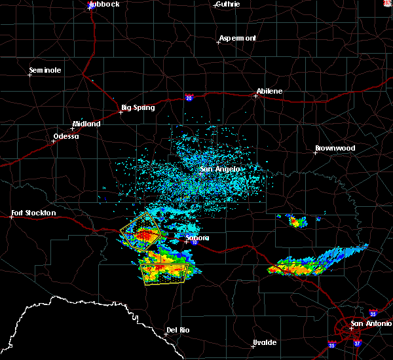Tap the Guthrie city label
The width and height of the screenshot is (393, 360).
click(227, 4)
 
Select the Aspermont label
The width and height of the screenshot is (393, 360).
click(237, 38)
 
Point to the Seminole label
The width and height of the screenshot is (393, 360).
click(45, 70)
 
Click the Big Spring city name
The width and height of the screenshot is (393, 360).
click(138, 107)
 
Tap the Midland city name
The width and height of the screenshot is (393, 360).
click(86, 124)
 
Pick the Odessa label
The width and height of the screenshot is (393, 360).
click(65, 136)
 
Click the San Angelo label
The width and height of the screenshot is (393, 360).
click(219, 169)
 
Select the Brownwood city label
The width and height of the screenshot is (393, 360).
click(335, 148)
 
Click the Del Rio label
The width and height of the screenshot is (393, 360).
click(178, 330)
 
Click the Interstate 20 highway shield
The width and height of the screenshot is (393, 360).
click(189, 98)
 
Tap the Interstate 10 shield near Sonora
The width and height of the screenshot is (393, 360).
click(194, 242)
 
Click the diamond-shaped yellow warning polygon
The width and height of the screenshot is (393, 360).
click(141, 233)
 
